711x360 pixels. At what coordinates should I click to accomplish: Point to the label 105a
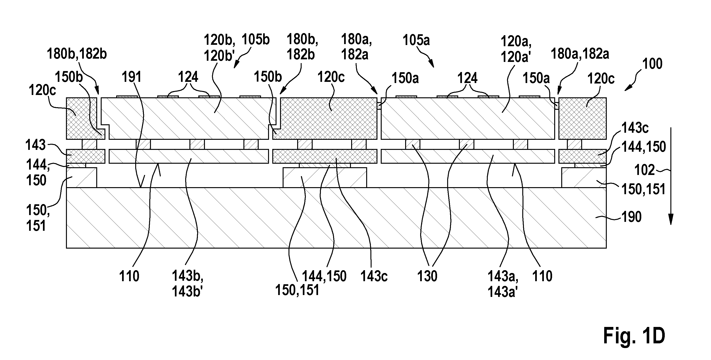pos(416,41)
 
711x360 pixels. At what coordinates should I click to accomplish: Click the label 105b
pos(256,40)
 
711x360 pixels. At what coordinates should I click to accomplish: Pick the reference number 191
pos(132,77)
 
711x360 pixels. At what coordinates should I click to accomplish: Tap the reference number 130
pos(427,276)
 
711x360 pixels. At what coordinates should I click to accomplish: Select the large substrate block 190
pos(336,218)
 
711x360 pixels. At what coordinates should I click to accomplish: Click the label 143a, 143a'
pos(503,284)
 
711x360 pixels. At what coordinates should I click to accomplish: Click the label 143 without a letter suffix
pos(35,145)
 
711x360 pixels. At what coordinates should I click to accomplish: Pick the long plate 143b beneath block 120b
pos(189,156)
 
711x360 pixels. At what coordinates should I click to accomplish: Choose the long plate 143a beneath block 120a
pos(468,156)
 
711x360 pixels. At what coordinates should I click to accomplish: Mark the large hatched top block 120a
pos(468,118)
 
